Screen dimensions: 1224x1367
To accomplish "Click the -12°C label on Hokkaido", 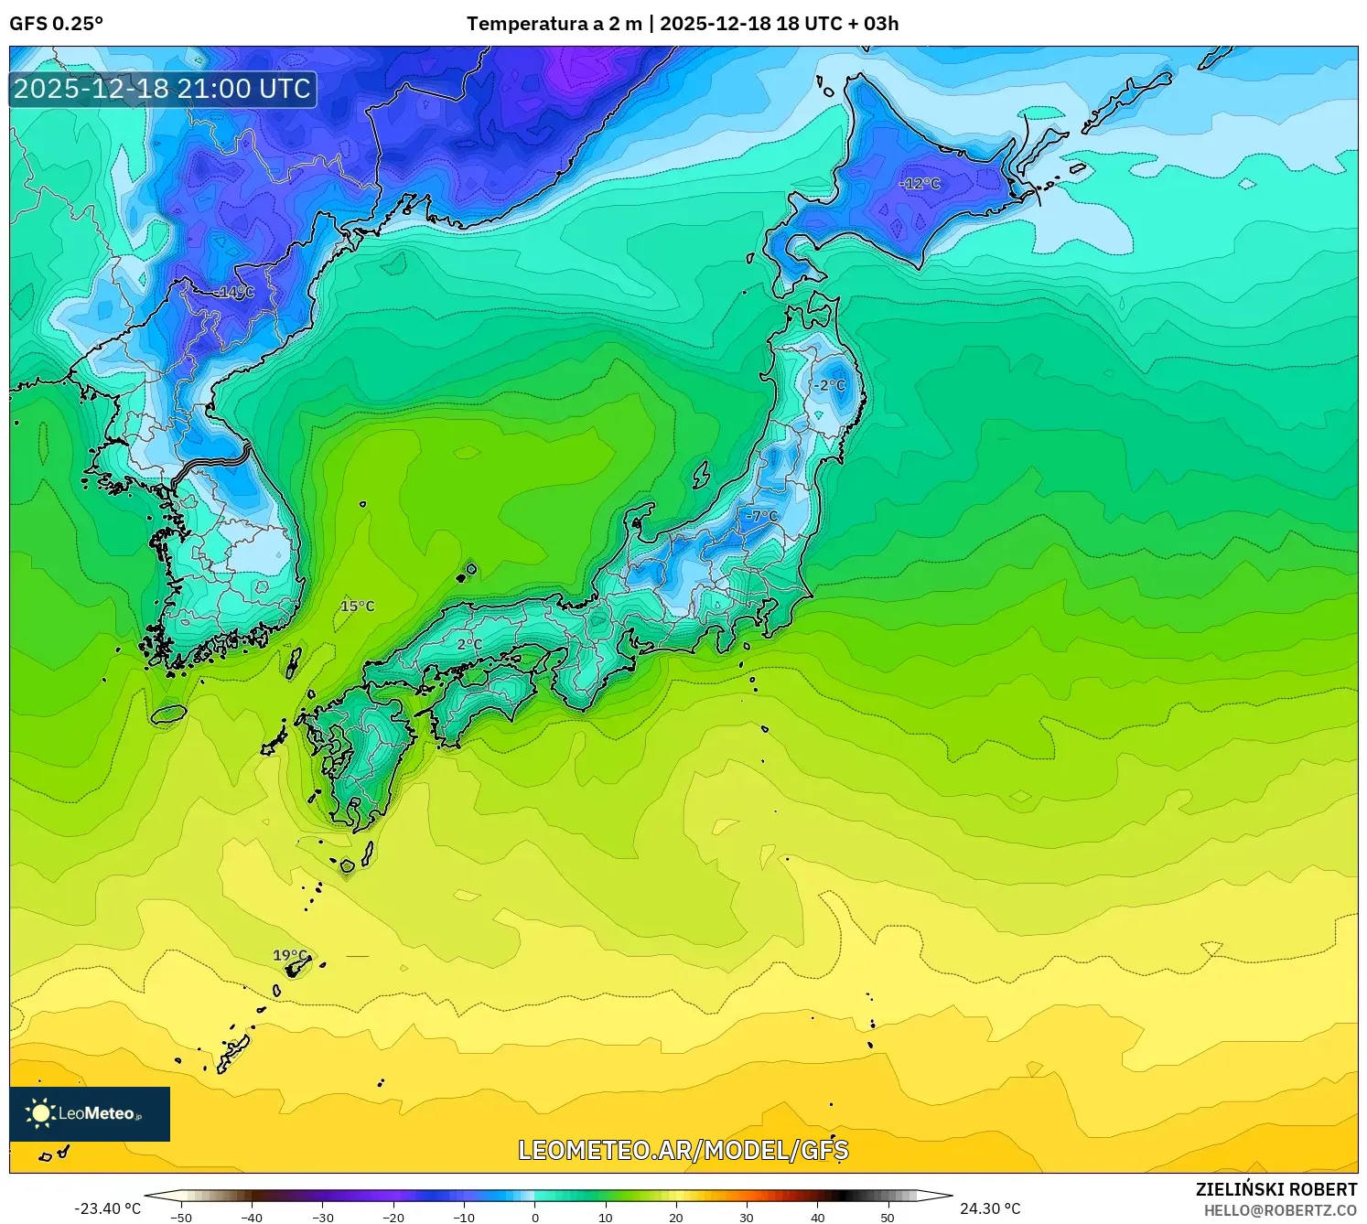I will [x=920, y=184].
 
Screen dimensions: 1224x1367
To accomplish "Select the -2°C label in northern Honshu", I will [x=830, y=386].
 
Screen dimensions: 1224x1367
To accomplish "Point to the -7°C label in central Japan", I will [x=761, y=517].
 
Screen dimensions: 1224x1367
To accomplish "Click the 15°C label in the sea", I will [x=358, y=607].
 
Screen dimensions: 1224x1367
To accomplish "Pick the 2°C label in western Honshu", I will [x=469, y=645].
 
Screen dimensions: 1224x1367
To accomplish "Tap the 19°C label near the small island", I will [x=290, y=956].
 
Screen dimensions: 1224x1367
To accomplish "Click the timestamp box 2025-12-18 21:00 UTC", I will [x=163, y=89].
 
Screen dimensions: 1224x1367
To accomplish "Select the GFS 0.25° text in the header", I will [x=56, y=24].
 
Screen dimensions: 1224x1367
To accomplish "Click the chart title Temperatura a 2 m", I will [x=554, y=24].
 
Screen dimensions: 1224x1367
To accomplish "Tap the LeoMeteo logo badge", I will [x=90, y=1113].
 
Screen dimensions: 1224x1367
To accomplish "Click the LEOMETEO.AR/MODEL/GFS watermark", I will [x=683, y=1150].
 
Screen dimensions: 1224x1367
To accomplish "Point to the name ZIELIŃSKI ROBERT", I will [x=1276, y=1189].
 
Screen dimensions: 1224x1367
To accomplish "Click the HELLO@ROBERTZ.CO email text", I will [x=1280, y=1210].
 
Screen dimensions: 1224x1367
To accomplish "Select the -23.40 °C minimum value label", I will [x=108, y=1208].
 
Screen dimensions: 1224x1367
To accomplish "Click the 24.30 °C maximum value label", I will [x=990, y=1208].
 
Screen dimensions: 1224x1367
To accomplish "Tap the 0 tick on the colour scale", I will [x=535, y=1218].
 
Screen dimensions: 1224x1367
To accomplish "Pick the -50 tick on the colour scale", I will [x=181, y=1218].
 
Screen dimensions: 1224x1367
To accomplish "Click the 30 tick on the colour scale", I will [x=747, y=1218].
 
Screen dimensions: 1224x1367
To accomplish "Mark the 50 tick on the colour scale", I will [x=888, y=1218].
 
